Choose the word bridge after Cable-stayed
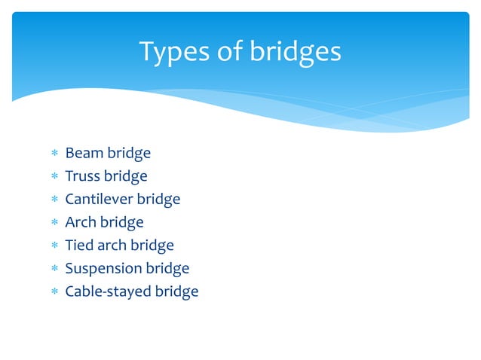[176, 291]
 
